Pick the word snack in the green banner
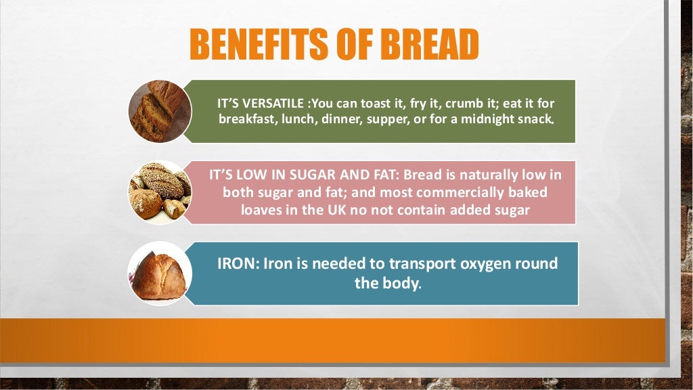(535, 120)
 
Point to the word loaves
(262, 209)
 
